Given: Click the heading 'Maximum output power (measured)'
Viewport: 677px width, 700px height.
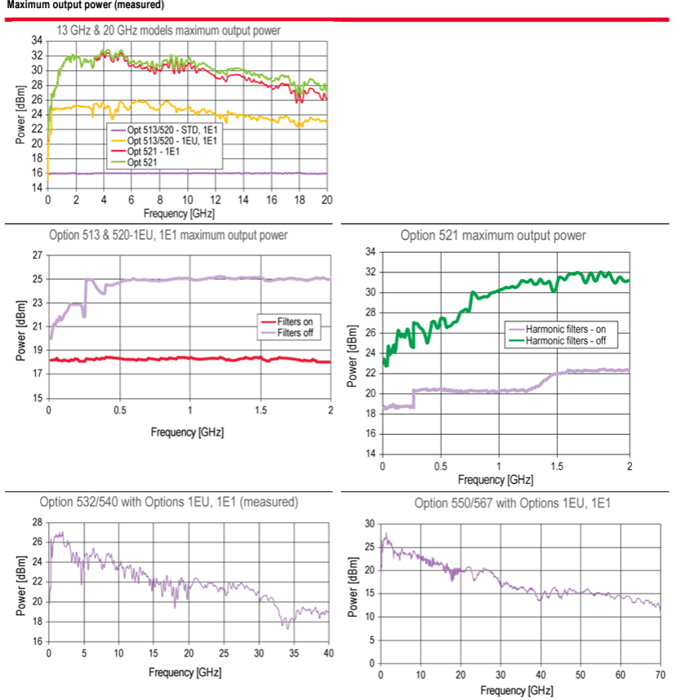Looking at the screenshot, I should click(85, 5).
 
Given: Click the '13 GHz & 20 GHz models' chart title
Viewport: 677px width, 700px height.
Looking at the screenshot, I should click(168, 30).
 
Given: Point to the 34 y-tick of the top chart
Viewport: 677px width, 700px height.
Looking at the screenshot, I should click(37, 40).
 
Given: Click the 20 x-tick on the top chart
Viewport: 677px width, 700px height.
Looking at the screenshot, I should click(327, 200).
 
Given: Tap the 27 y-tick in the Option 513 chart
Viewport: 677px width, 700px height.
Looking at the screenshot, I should click(37, 255).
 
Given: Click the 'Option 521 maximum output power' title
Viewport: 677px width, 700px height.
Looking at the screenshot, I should click(493, 236).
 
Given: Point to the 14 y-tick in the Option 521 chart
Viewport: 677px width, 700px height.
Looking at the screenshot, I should click(370, 454).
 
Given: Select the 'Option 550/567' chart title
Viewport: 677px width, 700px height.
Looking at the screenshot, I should click(513, 503).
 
